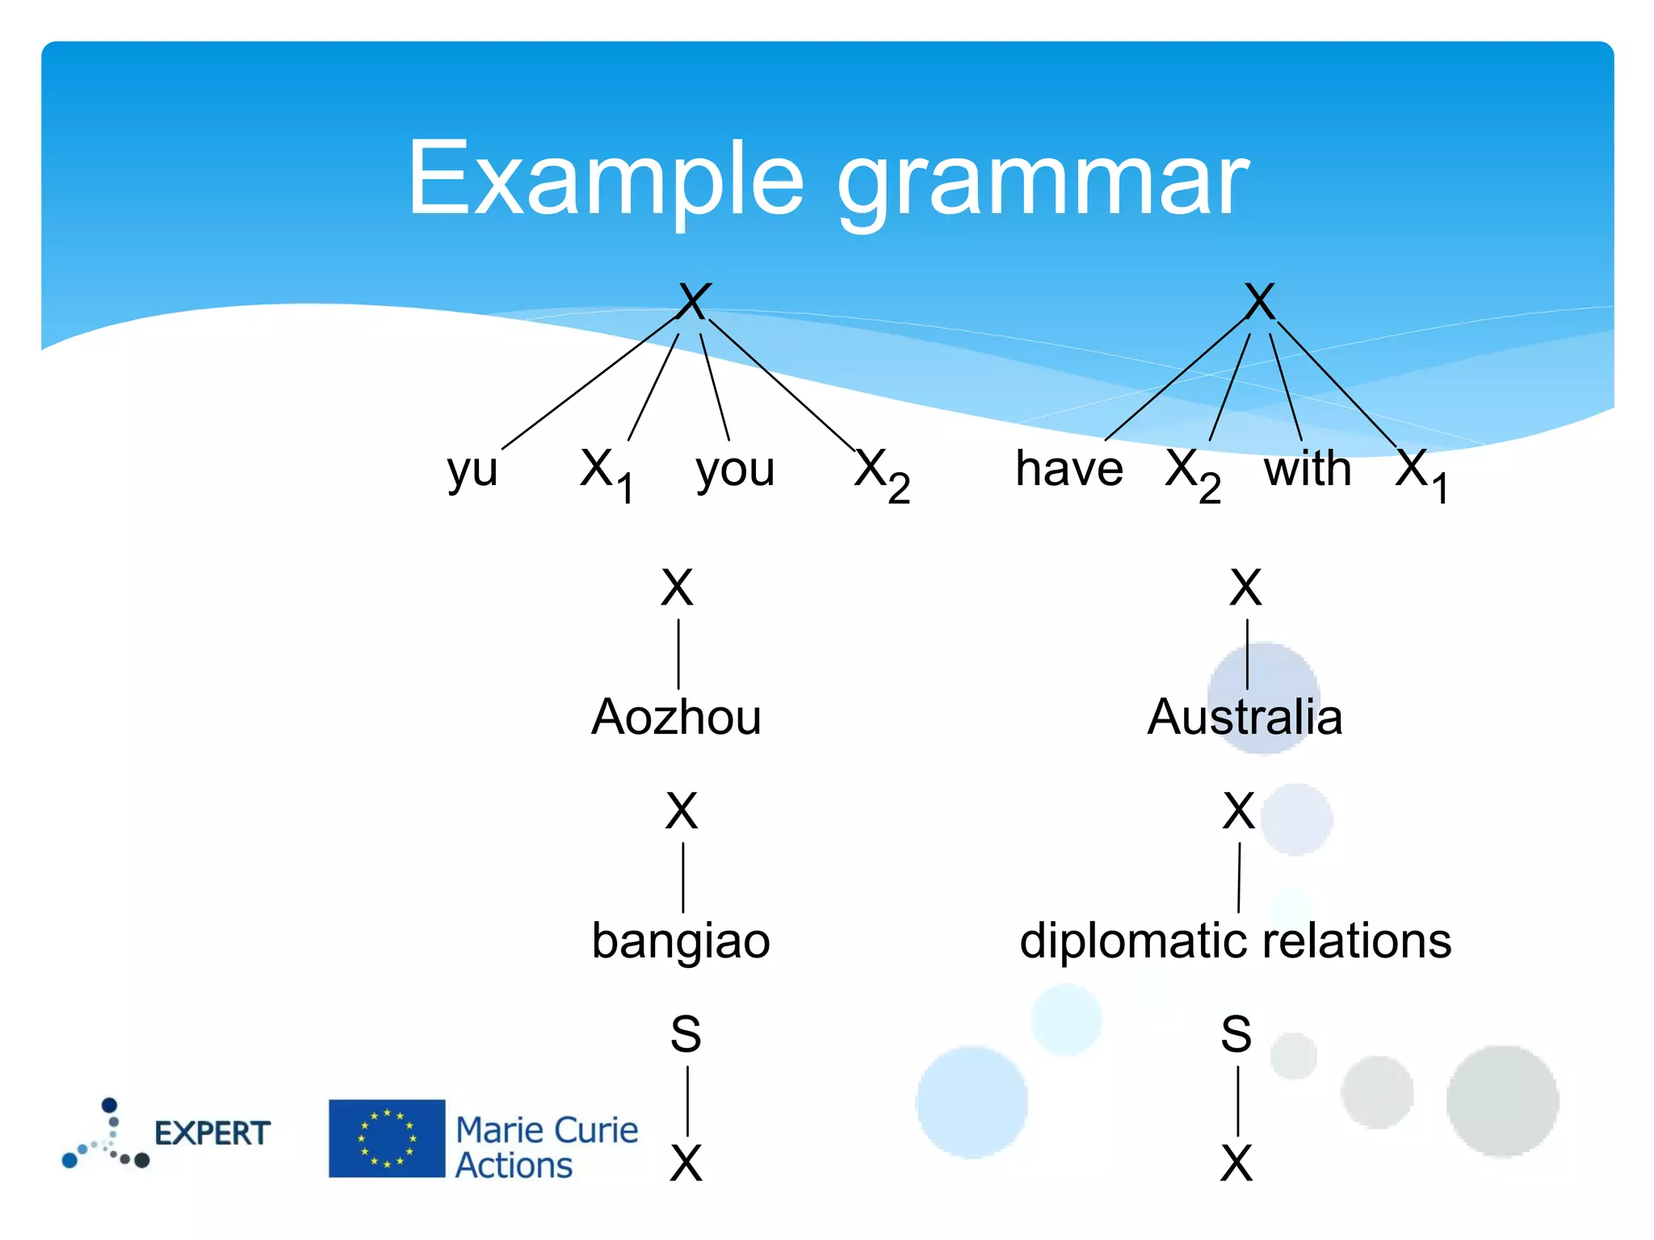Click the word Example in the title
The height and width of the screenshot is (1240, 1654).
point(606,179)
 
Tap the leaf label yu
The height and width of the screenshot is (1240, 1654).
point(472,470)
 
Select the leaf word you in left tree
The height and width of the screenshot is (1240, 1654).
point(735,470)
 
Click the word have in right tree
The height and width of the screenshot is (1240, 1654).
point(1068,468)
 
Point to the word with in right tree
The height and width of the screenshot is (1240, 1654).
point(1308,468)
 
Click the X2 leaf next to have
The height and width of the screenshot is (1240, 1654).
point(1192,475)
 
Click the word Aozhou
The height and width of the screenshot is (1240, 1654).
point(676,717)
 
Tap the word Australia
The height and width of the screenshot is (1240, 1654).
point(1245,717)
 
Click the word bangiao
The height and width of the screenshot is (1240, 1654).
point(681,941)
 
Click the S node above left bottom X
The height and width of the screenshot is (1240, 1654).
point(686,1034)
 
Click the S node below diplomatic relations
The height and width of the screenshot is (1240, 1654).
point(1236,1034)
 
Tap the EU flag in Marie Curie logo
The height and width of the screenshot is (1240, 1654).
point(387,1138)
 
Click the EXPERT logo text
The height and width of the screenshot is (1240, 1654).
point(212,1133)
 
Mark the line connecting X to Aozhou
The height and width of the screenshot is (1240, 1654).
point(678,654)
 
